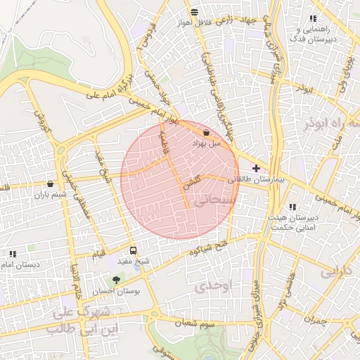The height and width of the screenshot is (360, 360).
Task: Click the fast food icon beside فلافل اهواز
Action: (x=194, y=12)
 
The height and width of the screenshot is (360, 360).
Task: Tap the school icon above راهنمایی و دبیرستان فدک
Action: (x=313, y=19)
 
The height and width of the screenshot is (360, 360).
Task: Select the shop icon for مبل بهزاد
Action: (x=206, y=132)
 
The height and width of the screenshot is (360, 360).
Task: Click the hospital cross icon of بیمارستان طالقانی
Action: (x=256, y=168)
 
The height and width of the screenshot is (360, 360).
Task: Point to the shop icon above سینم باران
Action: (x=50, y=184)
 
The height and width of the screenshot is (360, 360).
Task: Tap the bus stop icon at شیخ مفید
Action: (x=134, y=250)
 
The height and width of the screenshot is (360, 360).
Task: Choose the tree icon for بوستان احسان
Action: (x=116, y=279)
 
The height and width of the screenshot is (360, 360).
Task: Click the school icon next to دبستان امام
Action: (x=13, y=254)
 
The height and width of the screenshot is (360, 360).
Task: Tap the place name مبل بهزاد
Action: (x=207, y=143)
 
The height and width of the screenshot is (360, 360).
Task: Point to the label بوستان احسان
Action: (x=117, y=290)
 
